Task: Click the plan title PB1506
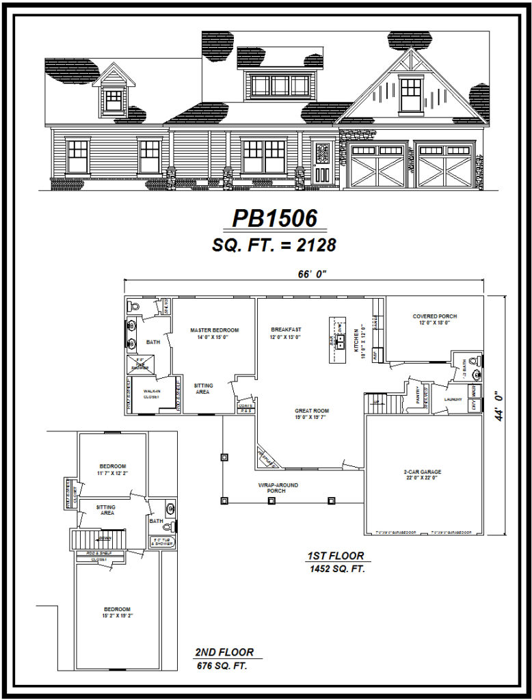[x=275, y=217]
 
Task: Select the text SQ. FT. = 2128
[x=274, y=245]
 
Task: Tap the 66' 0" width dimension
[x=314, y=274]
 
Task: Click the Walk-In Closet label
[x=151, y=394]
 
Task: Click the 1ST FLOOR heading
[x=335, y=556]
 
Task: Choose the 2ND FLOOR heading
[x=224, y=652]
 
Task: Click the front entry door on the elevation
[x=322, y=163]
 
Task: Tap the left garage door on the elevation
[x=377, y=165]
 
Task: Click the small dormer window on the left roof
[x=114, y=100]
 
